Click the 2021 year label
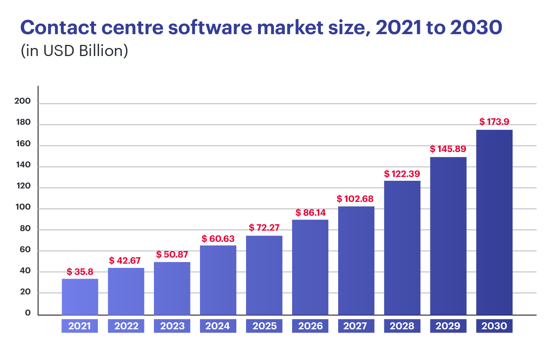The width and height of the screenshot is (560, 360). [79, 326]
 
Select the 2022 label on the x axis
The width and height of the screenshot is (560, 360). [126, 326]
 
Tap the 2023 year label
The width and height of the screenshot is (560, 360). [172, 326]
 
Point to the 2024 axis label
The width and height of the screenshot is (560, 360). [218, 326]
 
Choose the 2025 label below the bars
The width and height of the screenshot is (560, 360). [264, 326]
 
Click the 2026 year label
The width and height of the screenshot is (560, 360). [311, 326]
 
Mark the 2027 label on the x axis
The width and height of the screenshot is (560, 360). [355, 326]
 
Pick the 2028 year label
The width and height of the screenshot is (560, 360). [402, 326]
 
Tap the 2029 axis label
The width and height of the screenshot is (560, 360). [448, 326]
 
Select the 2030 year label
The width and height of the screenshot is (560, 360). [494, 326]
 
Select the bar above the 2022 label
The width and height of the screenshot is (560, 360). [126, 291]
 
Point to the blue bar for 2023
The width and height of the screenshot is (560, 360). [172, 288]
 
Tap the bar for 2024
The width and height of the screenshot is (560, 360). [218, 280]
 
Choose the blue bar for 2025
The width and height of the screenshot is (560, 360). [264, 275]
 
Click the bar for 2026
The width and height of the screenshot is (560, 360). [310, 267]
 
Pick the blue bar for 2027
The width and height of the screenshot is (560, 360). [356, 261]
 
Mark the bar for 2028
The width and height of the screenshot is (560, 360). [402, 248]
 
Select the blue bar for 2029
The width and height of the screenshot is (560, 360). [448, 236]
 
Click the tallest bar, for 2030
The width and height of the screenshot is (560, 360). [494, 223]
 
